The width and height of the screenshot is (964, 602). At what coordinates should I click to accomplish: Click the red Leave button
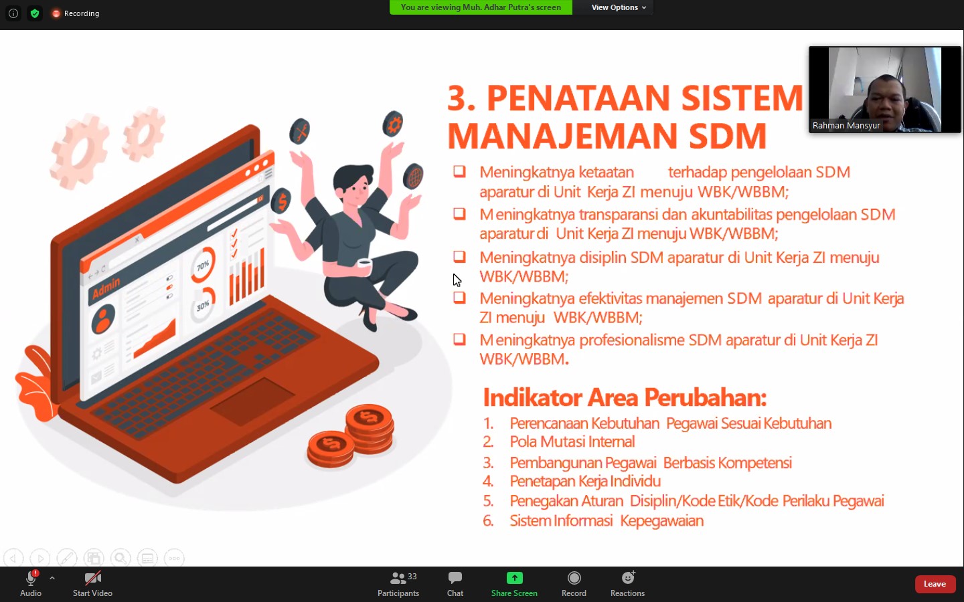click(x=935, y=584)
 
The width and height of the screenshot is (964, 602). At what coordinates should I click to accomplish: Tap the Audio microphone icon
click(x=31, y=579)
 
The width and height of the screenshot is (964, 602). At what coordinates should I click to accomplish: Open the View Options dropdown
click(x=619, y=7)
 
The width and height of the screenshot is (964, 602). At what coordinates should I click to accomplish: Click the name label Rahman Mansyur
click(x=846, y=126)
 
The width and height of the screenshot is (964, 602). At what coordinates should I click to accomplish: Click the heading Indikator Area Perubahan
click(x=625, y=398)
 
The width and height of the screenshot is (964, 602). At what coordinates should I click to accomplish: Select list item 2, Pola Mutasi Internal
click(x=572, y=442)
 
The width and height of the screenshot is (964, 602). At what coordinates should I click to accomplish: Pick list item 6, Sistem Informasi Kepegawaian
click(x=606, y=521)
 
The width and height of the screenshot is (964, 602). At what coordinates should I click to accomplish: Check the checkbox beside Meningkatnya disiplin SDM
click(x=459, y=257)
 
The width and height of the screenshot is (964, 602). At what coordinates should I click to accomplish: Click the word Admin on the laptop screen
click(x=106, y=288)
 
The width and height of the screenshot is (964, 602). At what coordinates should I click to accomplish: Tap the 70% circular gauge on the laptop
click(x=202, y=265)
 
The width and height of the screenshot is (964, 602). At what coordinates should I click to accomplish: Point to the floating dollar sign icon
click(x=282, y=201)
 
